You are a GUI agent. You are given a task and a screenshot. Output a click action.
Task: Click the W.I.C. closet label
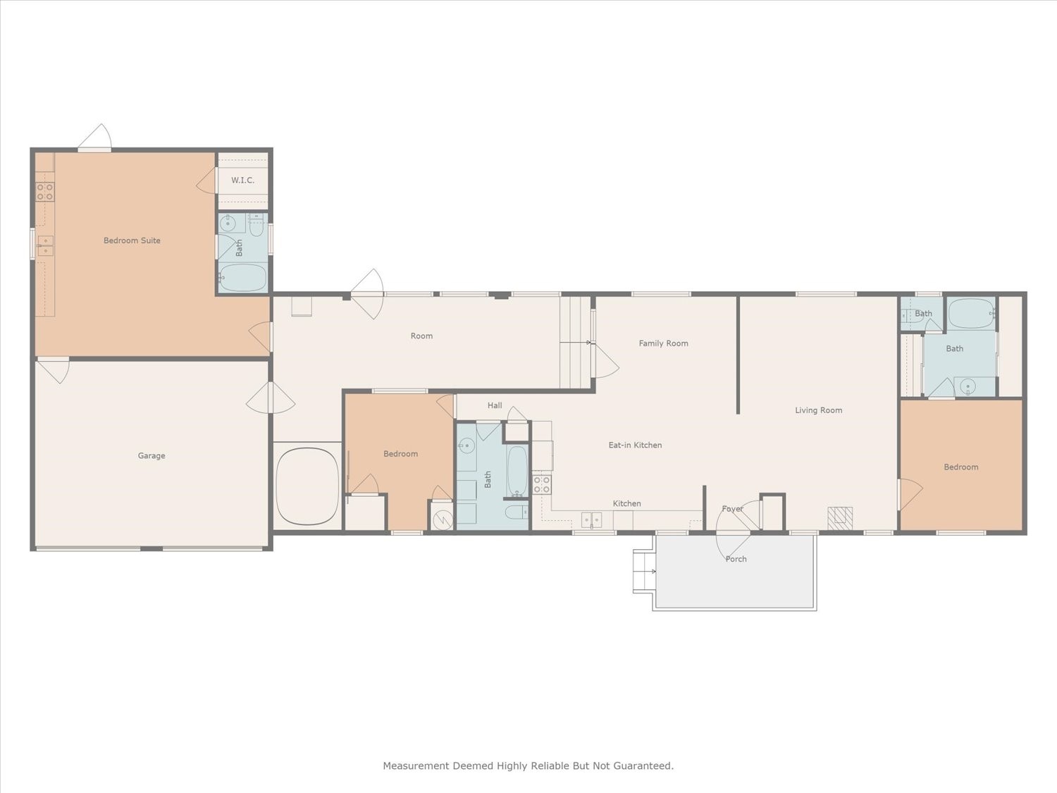[242, 180]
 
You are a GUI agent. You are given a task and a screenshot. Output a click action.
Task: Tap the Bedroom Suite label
[132, 240]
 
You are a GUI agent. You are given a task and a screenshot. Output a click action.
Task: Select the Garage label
[152, 455]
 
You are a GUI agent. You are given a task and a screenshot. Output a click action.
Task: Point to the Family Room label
[663, 343]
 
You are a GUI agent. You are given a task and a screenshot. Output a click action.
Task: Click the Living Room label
[819, 410]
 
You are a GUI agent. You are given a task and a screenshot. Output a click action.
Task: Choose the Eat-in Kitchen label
[635, 445]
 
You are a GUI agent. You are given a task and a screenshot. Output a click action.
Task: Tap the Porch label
[736, 559]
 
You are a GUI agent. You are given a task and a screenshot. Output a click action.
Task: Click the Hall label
[495, 405]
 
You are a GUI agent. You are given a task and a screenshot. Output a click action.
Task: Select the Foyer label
[732, 509]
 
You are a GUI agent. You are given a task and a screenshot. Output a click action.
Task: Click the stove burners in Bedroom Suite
[45, 192]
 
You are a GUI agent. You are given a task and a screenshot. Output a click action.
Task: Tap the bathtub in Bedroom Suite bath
[242, 277]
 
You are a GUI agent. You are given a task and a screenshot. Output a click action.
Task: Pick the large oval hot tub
[308, 486]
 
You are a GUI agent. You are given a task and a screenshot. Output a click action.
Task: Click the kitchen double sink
[591, 520]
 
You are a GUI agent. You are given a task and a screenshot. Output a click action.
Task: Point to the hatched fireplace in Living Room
[840, 518]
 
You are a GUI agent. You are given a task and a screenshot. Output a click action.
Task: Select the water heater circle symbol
[442, 520]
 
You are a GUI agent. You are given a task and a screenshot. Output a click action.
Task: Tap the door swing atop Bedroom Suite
[95, 137]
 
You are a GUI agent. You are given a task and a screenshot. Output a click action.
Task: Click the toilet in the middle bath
[517, 512]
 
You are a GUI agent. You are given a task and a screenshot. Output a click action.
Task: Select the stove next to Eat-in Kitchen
[542, 484]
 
